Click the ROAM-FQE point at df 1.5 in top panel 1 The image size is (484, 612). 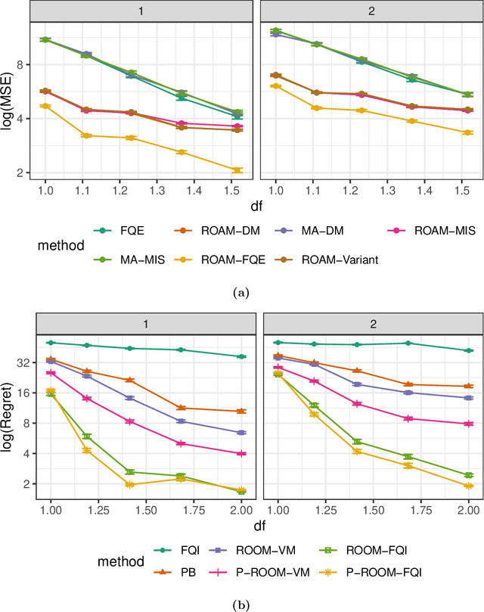pos(237,170)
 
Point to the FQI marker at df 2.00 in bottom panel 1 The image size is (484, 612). pos(241,356)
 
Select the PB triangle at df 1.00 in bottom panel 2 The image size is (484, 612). pos(278,356)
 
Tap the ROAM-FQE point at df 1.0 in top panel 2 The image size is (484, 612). pos(275,86)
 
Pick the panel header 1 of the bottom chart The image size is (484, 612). pos(146,322)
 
